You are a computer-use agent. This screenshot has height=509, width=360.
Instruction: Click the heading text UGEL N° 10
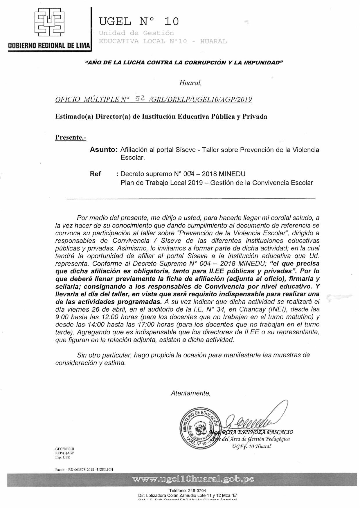coord(139,21)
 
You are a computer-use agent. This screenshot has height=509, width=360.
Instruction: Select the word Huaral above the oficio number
coord(190,83)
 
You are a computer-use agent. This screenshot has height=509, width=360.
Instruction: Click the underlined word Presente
coord(71,137)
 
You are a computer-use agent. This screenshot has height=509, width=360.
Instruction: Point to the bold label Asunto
coord(103,150)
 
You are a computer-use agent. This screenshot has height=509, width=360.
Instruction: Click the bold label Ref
coord(95,174)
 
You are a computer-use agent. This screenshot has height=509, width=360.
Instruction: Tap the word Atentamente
coord(190,393)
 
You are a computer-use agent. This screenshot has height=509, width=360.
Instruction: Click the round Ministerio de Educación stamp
coord(199,429)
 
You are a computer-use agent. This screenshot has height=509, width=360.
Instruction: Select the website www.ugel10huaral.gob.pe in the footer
coord(193,479)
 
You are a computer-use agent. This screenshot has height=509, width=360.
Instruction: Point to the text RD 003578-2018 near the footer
coord(81,470)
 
